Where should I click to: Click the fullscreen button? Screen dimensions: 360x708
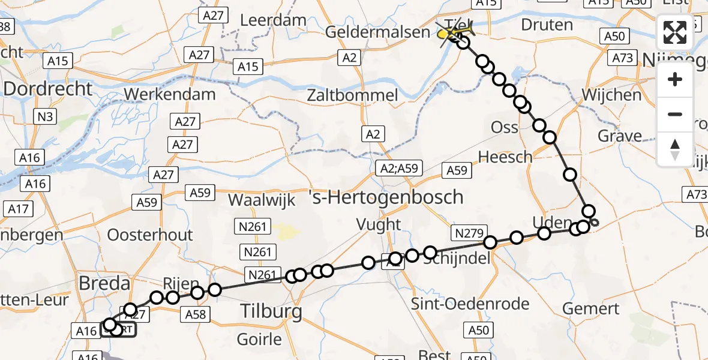[675, 32]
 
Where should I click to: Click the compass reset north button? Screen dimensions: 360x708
[675, 149]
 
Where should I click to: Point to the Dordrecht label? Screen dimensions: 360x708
[48, 89]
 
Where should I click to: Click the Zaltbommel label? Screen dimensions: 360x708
[352, 95]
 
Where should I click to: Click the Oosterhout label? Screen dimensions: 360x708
[150, 234]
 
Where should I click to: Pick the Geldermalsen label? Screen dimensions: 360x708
[377, 32]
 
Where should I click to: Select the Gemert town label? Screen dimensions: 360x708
[592, 308]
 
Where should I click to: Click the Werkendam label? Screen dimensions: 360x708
[170, 94]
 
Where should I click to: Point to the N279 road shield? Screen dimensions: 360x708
[469, 232]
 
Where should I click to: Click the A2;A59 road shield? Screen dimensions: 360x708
[399, 169]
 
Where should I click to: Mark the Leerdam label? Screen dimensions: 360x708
[273, 20]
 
